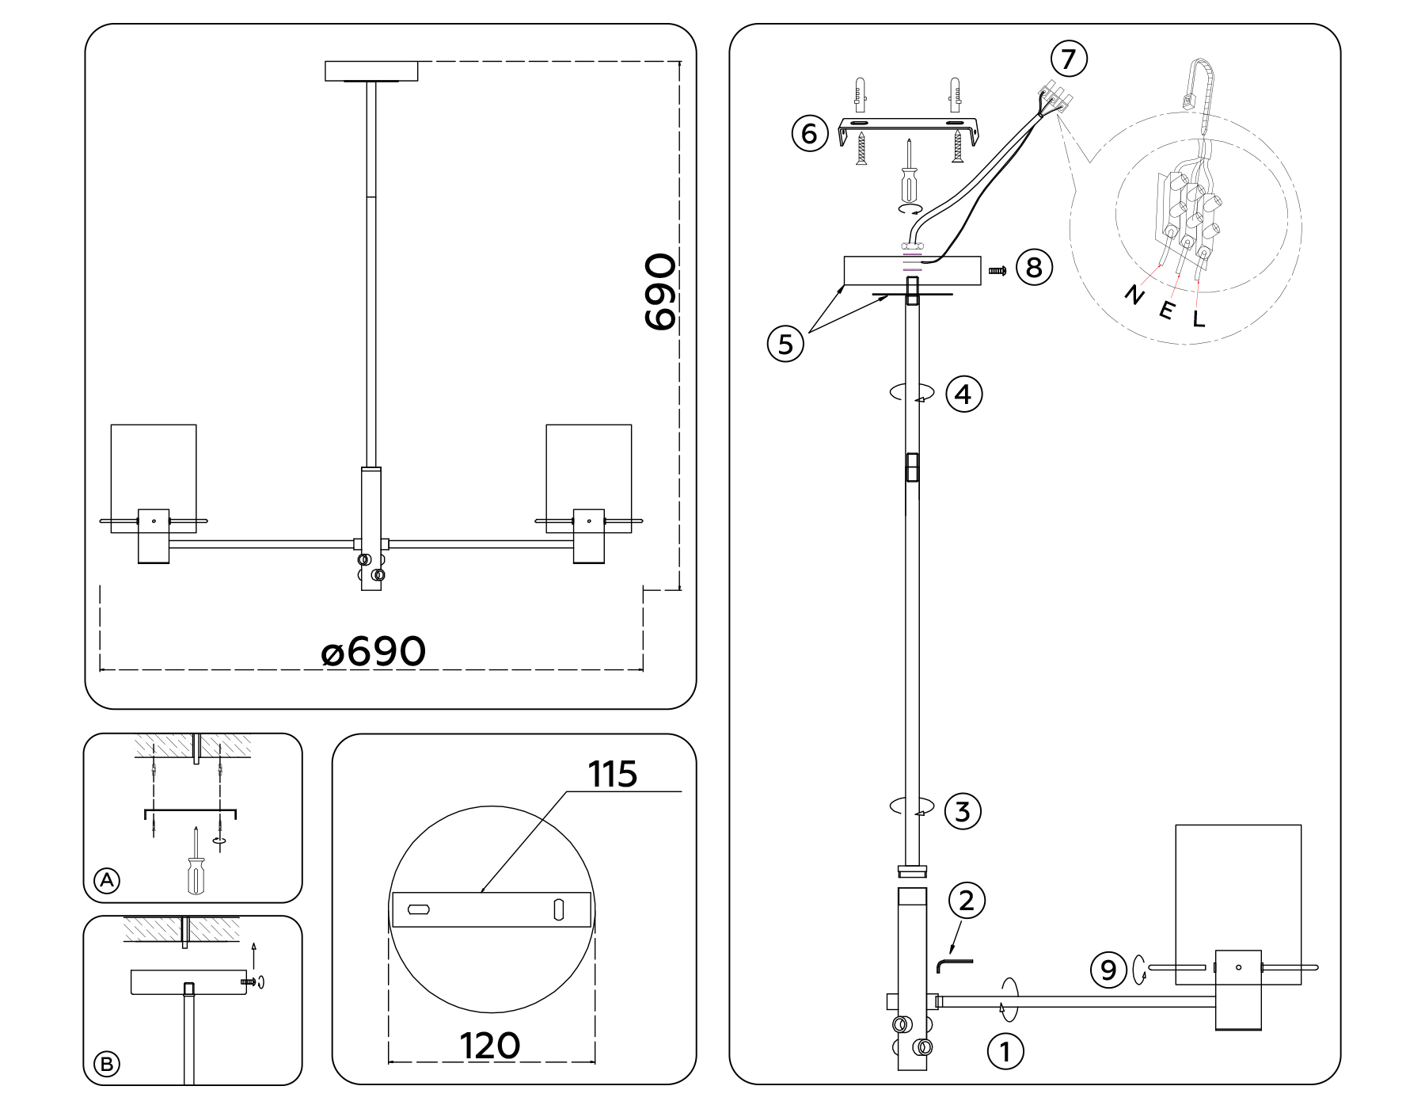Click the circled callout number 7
1068,59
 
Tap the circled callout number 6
809,133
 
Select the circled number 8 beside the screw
1034,268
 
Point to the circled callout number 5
785,345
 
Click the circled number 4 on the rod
963,394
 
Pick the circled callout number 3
963,811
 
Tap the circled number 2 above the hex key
966,900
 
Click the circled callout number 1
1005,1052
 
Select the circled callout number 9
1108,970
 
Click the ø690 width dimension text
374,652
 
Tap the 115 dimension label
613,775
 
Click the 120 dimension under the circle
490,1046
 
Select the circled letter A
107,880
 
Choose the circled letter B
107,1064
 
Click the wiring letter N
1134,296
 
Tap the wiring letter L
1199,320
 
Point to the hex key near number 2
952,964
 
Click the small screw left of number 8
997,271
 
